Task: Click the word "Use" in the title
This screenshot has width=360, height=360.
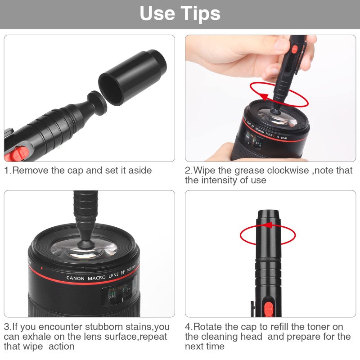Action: tap(157, 13)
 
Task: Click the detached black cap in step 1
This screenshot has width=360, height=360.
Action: tap(131, 77)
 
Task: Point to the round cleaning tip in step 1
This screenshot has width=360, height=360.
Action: tap(96, 101)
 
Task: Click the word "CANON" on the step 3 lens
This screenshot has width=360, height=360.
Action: tap(75, 278)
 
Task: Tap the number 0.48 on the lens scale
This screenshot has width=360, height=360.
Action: tap(112, 296)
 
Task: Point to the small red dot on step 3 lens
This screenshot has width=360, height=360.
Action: tap(41, 269)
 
